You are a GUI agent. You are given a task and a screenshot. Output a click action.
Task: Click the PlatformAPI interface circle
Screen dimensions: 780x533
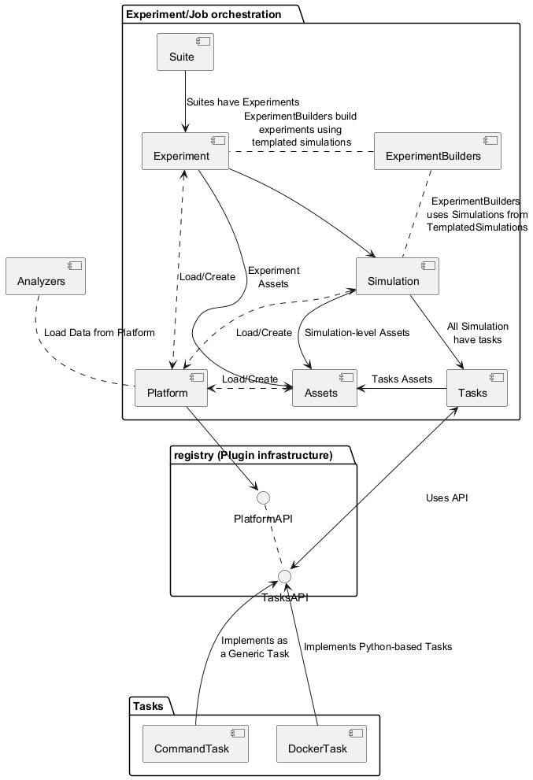264,497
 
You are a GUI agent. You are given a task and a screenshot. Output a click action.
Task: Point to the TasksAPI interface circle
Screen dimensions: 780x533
284,577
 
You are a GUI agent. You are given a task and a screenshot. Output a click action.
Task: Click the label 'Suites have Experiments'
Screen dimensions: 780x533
242,102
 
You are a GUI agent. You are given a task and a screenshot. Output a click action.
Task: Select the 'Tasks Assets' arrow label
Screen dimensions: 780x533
402,379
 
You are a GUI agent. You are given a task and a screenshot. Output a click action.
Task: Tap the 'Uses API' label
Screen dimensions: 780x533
447,498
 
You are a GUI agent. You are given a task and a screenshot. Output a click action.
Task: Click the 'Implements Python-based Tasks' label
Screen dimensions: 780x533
378,647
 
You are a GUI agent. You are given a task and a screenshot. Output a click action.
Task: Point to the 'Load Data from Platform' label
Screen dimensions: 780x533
99,333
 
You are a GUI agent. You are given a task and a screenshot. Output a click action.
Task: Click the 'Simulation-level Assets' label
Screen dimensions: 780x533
357,333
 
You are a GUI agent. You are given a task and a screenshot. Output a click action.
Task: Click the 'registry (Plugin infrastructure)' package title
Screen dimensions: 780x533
253,455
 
